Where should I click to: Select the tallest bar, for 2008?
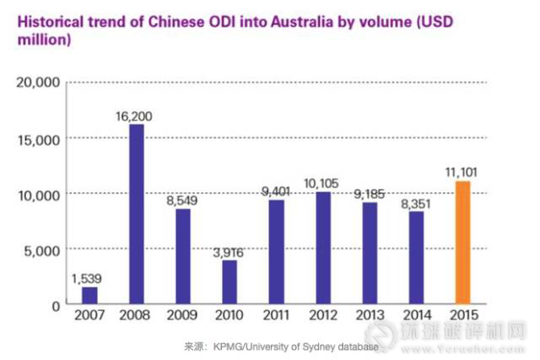click(x=137, y=214)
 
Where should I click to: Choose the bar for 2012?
click(x=323, y=248)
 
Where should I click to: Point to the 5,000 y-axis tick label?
click(x=40, y=250)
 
